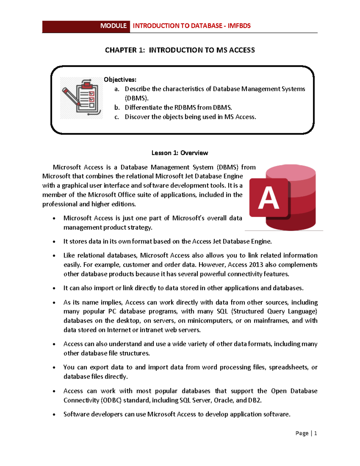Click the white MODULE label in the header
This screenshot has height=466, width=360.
pyautogui.click(x=113, y=26)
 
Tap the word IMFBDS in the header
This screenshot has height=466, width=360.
pyautogui.click(x=239, y=26)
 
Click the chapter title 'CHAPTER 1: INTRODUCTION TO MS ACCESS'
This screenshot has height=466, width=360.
pyautogui.click(x=180, y=50)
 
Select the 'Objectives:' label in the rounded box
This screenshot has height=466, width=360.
pyautogui.click(x=120, y=80)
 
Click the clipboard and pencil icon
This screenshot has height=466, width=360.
pyautogui.click(x=81, y=98)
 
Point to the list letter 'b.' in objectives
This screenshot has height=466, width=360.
pyautogui.click(x=117, y=107)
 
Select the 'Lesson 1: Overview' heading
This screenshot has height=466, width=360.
pyautogui.click(x=180, y=153)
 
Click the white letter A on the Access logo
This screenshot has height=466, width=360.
pyautogui.click(x=268, y=198)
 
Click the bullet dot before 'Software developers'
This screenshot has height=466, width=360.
pyautogui.click(x=54, y=415)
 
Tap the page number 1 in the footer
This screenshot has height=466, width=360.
pyautogui.click(x=315, y=433)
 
